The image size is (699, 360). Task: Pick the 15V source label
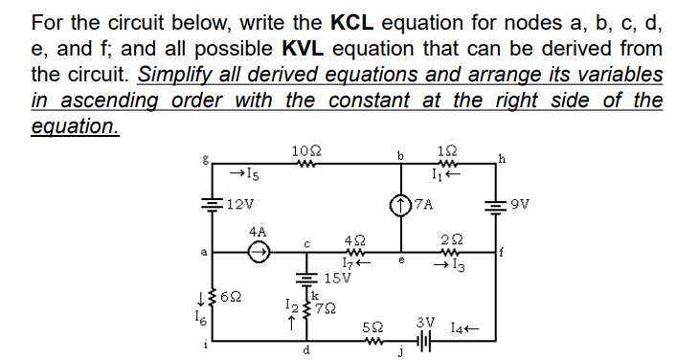[340, 279]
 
